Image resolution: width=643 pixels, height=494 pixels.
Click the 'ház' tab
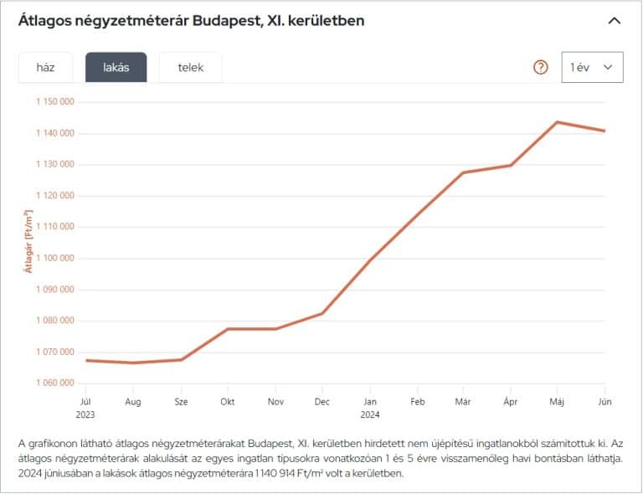click(x=45, y=68)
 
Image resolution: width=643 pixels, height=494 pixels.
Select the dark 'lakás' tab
click(x=116, y=68)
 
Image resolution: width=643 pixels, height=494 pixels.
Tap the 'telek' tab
click(x=191, y=68)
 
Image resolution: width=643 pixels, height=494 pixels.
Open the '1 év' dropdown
click(x=592, y=67)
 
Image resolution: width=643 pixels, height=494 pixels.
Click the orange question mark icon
click(x=541, y=68)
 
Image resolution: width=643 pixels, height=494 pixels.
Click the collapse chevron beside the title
click(x=615, y=20)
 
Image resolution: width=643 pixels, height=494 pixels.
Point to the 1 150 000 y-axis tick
click(x=56, y=102)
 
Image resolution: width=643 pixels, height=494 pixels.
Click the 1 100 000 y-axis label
click(x=56, y=258)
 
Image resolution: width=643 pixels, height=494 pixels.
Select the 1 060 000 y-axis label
click(x=56, y=383)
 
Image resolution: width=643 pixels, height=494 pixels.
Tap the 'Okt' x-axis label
click(x=228, y=402)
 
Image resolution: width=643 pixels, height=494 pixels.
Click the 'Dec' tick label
click(x=322, y=402)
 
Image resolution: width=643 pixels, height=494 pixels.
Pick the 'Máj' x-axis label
click(x=557, y=402)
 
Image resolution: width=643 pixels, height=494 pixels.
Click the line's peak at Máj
click(x=557, y=122)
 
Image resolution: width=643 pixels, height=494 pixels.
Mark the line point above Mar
click(x=463, y=172)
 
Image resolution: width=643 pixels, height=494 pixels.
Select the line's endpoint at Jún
click(x=604, y=131)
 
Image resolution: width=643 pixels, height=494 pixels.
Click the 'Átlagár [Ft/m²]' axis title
click(x=28, y=242)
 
